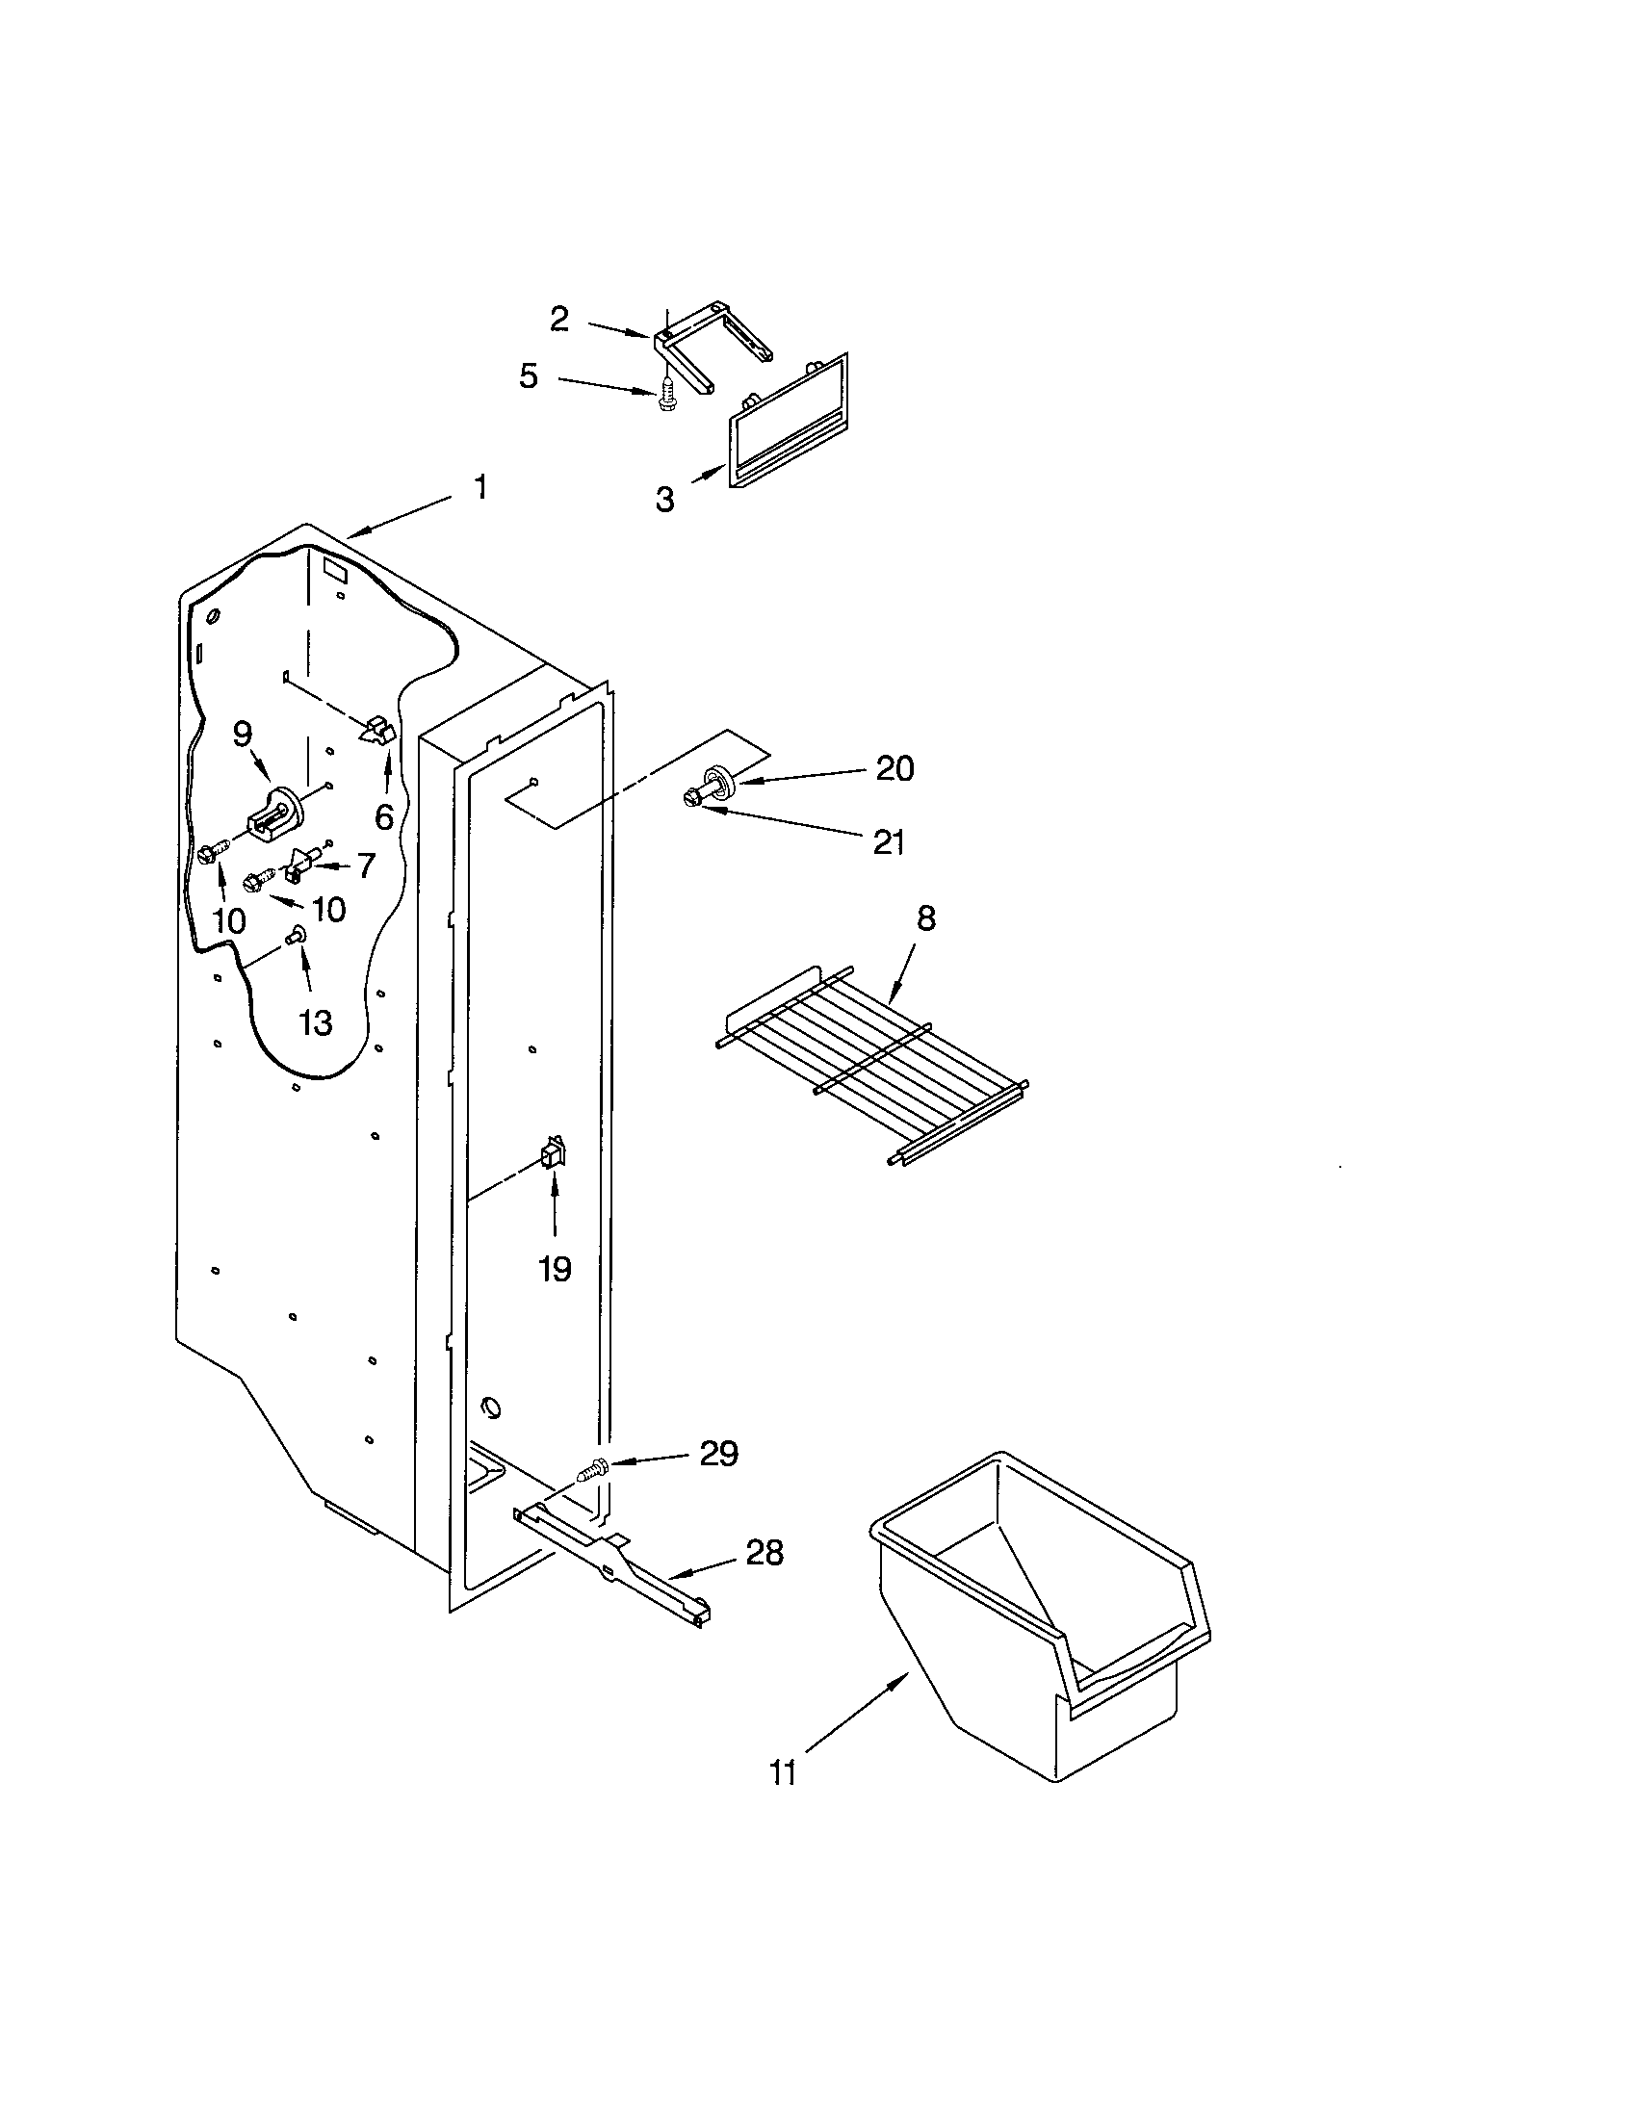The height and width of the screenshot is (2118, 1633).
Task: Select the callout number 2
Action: click(559, 319)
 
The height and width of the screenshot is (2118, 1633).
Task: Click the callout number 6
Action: click(385, 817)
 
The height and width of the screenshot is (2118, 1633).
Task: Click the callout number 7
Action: click(365, 865)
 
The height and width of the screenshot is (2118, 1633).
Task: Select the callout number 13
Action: click(316, 1021)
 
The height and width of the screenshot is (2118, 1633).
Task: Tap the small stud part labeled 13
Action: click(296, 935)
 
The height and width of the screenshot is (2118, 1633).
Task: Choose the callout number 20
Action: click(894, 768)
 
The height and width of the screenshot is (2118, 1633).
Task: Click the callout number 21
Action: click(889, 841)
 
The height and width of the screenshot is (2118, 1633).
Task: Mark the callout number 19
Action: click(555, 1268)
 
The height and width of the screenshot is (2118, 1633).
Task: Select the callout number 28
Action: click(765, 1553)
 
